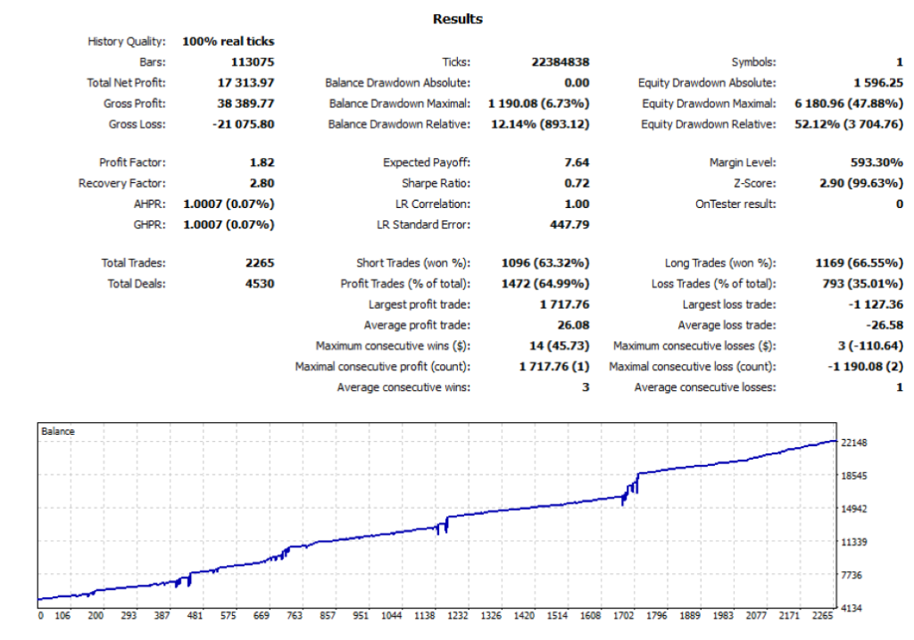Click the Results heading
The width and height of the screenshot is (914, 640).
pos(457,19)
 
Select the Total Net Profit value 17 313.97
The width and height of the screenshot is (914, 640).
pos(245,83)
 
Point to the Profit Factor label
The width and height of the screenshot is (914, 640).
pos(132,162)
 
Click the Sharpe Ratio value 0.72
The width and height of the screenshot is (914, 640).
pos(577,183)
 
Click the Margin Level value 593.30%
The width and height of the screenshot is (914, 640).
pos(877,162)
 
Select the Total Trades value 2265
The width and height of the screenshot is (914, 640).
pos(259,263)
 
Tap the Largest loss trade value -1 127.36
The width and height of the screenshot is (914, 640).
pos(874,305)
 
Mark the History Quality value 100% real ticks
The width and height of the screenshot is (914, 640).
pos(228,41)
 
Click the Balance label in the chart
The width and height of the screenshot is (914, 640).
pos(58,432)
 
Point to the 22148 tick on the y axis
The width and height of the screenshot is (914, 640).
pos(855,443)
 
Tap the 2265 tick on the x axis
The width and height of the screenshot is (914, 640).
pos(822,616)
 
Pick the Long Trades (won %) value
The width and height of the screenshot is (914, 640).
pos(859,263)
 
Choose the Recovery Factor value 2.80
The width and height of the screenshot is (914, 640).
pos(262,183)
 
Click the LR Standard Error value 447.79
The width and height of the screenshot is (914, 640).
pos(569,224)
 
